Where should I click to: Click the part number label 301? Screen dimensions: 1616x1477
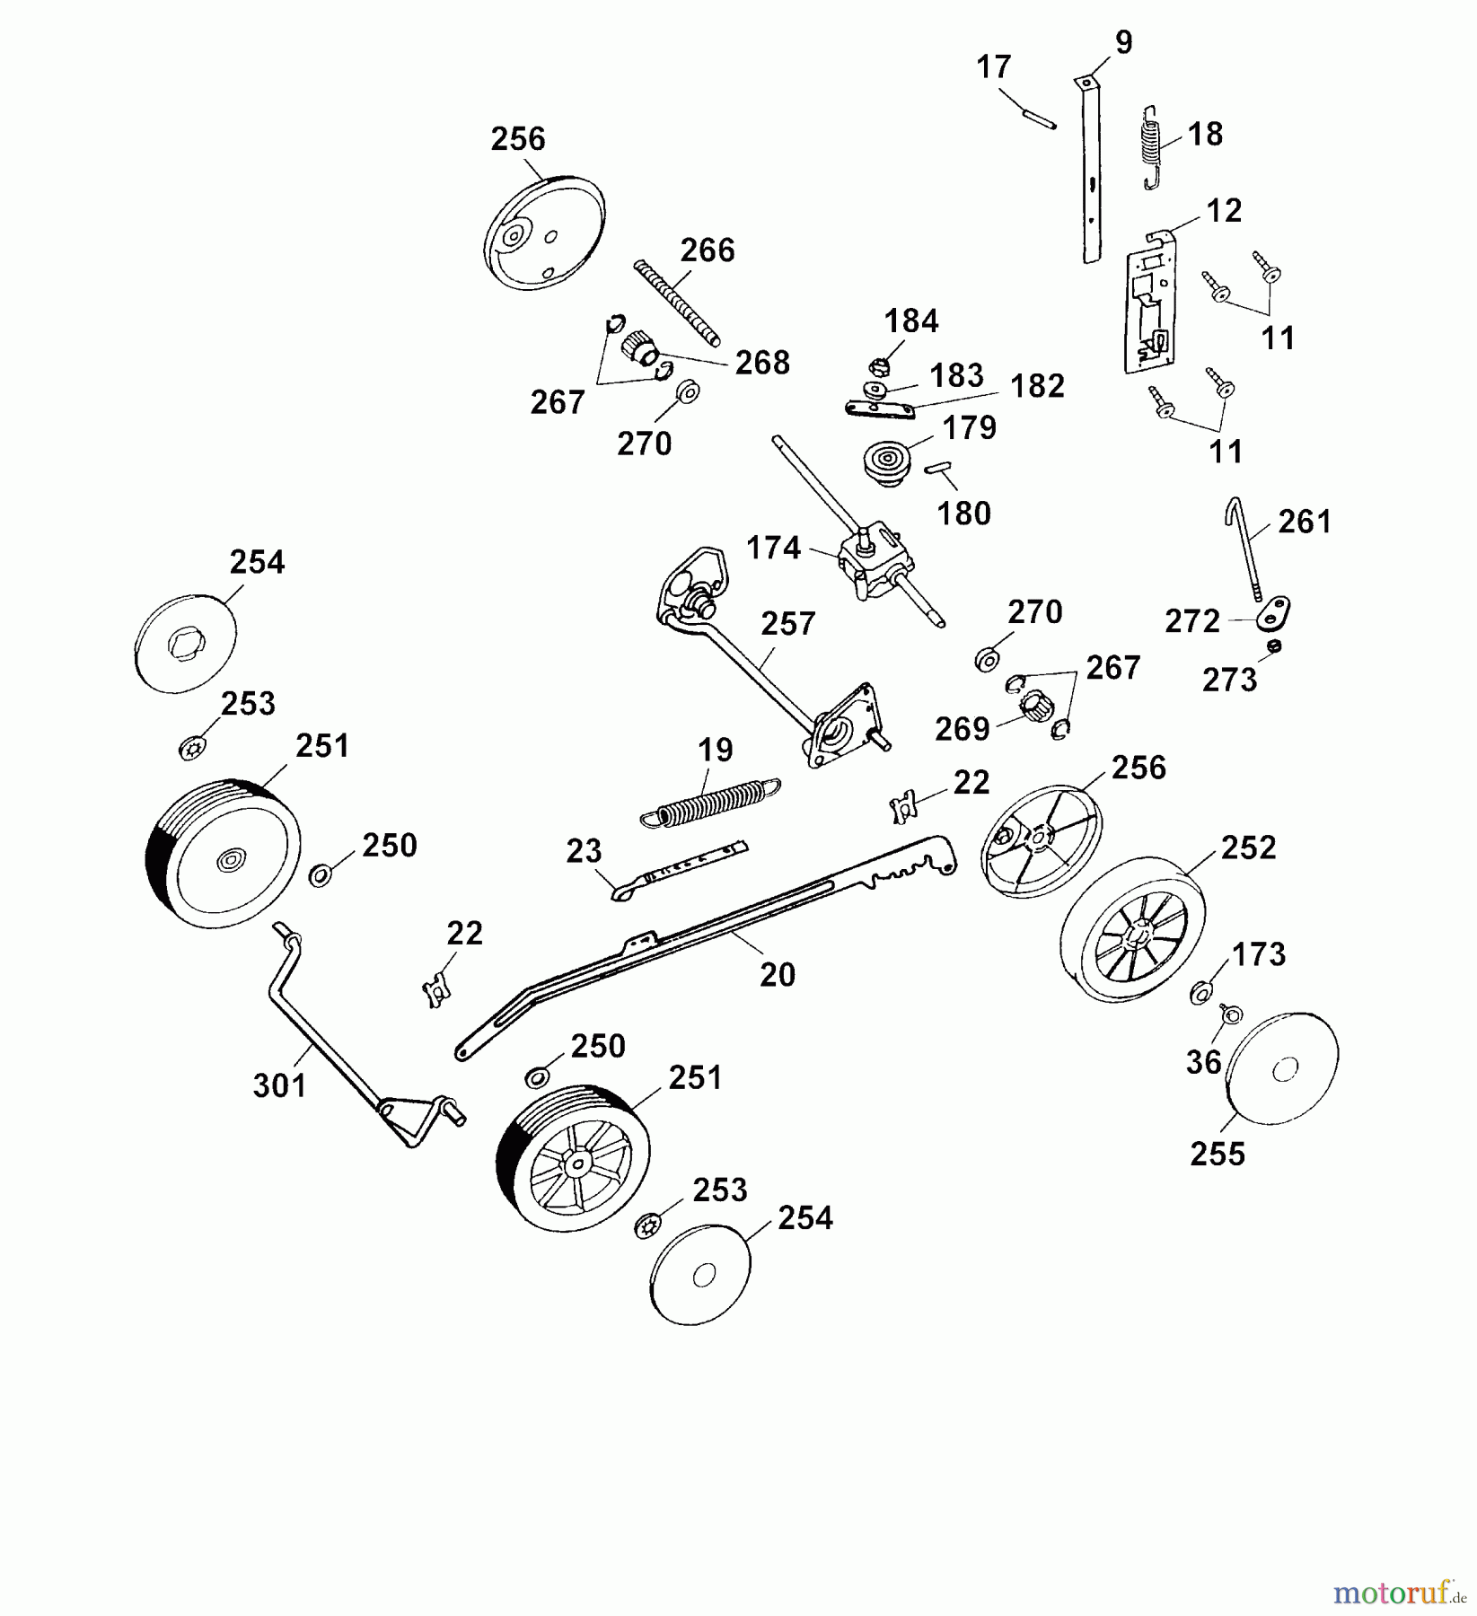coord(280,1085)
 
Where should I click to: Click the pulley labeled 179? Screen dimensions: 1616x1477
coord(888,462)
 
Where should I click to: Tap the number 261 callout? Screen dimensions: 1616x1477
coord(1305,522)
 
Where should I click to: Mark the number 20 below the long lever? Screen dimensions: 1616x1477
coord(778,975)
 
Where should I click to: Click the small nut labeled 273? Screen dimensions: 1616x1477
coord(1274,646)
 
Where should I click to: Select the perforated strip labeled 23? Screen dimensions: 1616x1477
coord(679,872)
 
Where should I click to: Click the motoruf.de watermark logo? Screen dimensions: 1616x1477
coord(1402,1593)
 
